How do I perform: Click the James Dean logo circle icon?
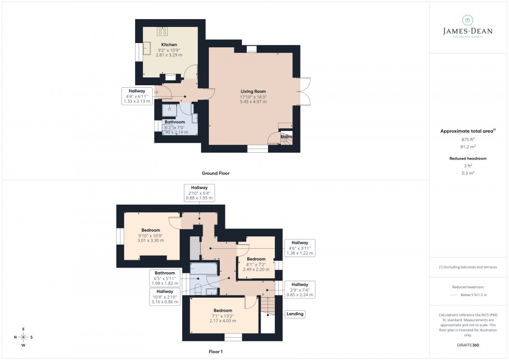tap(468, 20)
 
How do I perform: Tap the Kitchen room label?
tap(169, 45)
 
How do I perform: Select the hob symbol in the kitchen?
tap(163, 31)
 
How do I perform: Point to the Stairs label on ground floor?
tap(287, 137)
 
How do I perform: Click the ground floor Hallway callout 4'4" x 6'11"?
tap(137, 96)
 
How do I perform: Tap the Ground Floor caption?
tap(216, 173)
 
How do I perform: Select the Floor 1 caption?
tap(215, 352)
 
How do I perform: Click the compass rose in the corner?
tap(23, 337)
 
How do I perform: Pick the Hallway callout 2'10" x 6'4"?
tap(199, 193)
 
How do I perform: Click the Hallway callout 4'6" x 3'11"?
tap(300, 248)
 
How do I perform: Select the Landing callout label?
tap(294, 314)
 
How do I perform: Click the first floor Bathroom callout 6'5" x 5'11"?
tap(165, 278)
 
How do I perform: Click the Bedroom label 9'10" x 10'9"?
tap(151, 235)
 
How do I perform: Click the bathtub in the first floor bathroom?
tap(204, 269)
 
